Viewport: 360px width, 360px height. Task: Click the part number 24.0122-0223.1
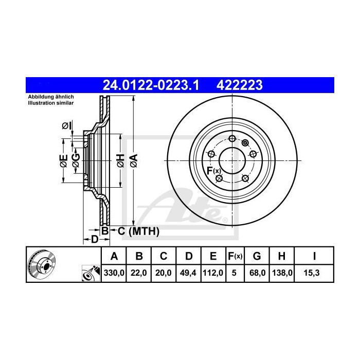coord(151,85)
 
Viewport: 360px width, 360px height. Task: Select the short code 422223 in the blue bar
coord(240,85)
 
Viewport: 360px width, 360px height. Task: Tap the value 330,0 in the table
coord(114,273)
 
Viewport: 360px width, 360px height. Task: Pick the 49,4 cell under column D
coord(188,273)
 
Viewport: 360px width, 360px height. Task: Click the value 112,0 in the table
coord(213,273)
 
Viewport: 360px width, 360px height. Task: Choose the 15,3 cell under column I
coord(312,273)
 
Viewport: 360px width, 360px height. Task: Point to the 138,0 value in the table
coord(282,273)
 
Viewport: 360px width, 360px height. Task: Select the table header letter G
coord(257,256)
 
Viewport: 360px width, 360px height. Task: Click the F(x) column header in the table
coord(235,256)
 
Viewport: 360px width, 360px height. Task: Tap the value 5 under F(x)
coord(234,273)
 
